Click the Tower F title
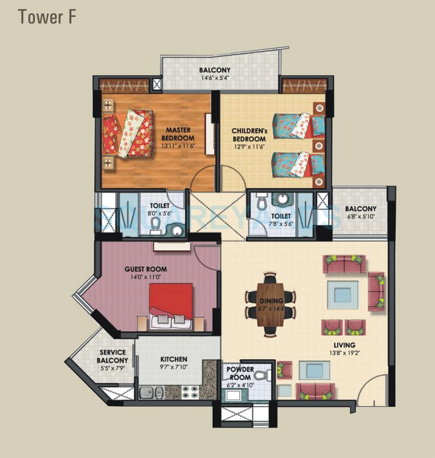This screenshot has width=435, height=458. (47, 17)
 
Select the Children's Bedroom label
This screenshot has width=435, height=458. (248, 135)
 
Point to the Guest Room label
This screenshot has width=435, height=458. (146, 269)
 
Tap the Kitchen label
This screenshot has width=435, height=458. (174, 360)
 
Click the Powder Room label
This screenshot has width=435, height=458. (239, 373)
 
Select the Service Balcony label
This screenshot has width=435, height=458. (113, 356)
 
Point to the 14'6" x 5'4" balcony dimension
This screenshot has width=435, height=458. (215, 78)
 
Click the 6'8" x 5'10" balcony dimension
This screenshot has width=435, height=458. (360, 217)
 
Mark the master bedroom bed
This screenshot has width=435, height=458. (129, 133)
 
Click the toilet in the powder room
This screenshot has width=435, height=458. (263, 374)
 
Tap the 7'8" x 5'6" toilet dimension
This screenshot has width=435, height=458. (282, 224)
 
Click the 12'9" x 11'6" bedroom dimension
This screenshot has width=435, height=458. (248, 146)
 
